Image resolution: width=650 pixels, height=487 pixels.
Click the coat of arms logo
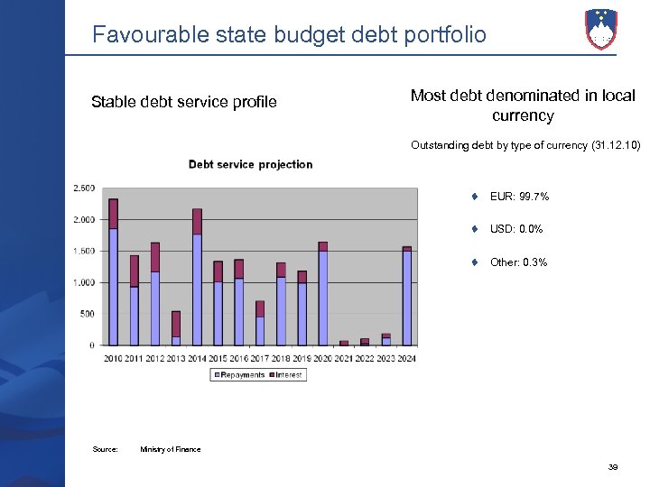click(600, 28)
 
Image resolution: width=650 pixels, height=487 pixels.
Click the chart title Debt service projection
click(250, 164)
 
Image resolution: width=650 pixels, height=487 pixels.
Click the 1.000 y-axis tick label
click(83, 282)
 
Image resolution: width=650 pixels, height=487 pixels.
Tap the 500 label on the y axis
click(87, 314)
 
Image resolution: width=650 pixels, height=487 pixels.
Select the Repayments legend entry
click(238, 374)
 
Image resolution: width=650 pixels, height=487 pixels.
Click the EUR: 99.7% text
click(519, 197)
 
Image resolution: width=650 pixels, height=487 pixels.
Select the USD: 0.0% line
click(516, 229)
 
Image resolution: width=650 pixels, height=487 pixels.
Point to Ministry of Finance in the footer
click(171, 449)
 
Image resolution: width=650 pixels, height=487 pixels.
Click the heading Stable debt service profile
click(184, 102)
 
